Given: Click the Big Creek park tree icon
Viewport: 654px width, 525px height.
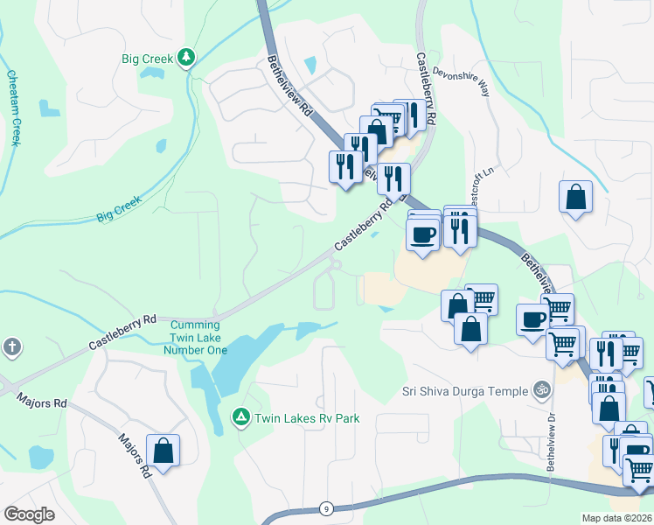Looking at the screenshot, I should pyautogui.click(x=185, y=59).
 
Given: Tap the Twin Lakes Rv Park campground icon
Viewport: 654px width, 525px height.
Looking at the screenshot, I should pyautogui.click(x=240, y=418).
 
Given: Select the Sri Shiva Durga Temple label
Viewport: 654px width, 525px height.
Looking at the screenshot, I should pyautogui.click(x=465, y=391).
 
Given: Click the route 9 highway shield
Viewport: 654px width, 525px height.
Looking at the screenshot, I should pyautogui.click(x=325, y=508).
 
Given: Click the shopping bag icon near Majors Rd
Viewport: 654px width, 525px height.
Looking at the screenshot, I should pyautogui.click(x=163, y=451).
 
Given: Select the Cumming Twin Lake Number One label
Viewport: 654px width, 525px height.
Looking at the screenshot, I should pyautogui.click(x=196, y=337).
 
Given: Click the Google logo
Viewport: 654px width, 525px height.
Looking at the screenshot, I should pyautogui.click(x=29, y=514).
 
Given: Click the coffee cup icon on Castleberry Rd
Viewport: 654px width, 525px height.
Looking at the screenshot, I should pyautogui.click(x=423, y=234).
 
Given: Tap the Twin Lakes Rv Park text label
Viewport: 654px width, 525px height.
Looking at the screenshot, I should pyautogui.click(x=307, y=418).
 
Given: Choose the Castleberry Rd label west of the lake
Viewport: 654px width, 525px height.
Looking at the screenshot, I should pyautogui.click(x=122, y=333).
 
